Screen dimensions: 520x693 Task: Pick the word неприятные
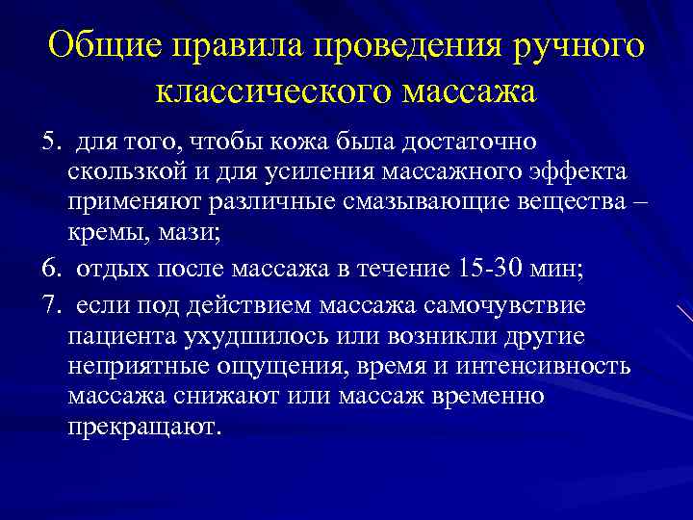point(132,367)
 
